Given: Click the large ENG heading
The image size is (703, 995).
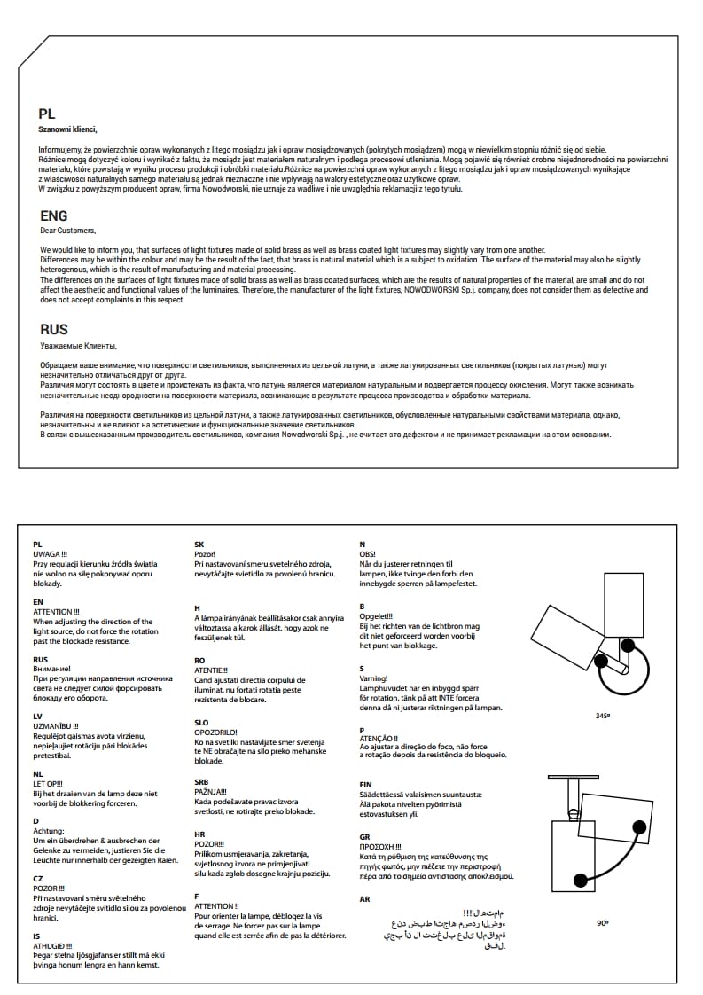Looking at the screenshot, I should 54,215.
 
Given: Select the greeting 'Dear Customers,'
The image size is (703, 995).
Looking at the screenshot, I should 67,231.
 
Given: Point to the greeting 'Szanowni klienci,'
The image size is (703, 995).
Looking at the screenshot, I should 68,129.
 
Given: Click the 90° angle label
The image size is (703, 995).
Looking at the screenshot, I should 602,923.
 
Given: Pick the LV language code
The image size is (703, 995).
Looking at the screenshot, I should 37,715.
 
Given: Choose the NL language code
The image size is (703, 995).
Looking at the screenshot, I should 37,773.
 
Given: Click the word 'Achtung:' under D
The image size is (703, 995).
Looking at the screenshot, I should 48,831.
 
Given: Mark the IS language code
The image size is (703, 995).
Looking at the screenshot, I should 36,936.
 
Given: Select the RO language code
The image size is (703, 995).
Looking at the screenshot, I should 200,660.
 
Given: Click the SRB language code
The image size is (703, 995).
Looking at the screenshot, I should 201,781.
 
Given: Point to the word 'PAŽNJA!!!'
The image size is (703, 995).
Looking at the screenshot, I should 211,791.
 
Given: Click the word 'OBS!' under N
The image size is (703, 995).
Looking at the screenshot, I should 367,554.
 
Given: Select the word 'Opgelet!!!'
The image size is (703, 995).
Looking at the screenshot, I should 376,616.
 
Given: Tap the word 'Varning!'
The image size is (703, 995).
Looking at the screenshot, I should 373,678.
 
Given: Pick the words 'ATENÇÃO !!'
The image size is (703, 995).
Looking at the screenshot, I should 379,738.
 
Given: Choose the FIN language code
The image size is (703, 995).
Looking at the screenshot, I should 365,784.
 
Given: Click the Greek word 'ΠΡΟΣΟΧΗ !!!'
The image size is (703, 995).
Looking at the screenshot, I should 380,847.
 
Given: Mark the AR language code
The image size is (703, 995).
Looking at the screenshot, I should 364,899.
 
